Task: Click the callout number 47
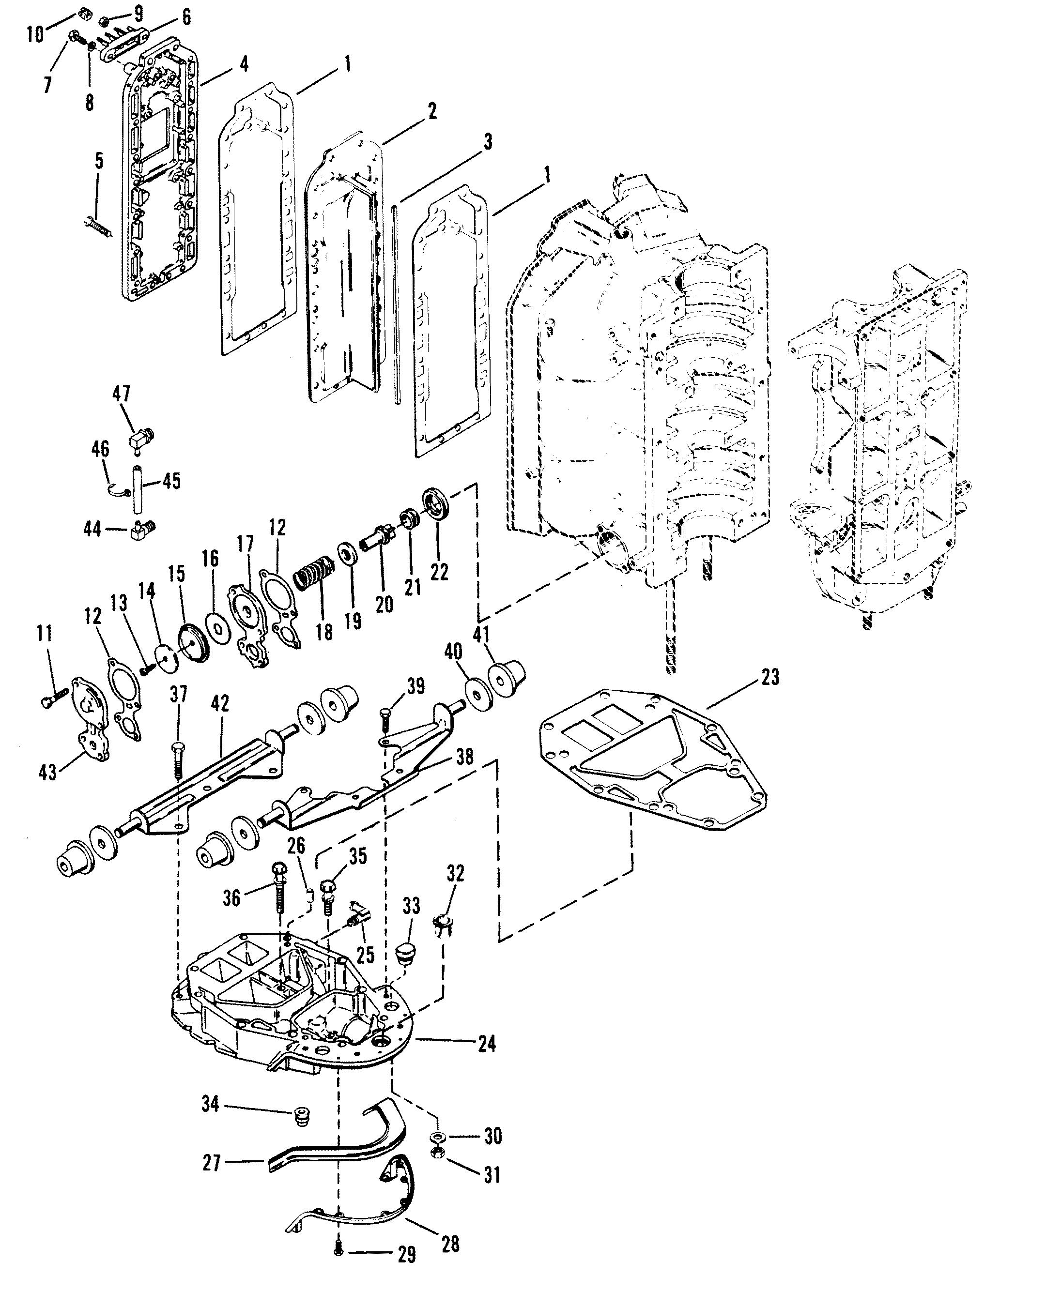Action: coord(121,395)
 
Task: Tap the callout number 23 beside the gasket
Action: coord(769,677)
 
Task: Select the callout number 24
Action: coord(486,1044)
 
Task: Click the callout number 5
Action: coord(99,161)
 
